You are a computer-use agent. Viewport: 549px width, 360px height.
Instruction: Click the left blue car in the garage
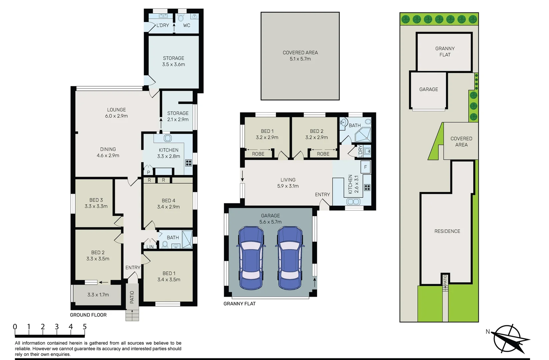point(251,258)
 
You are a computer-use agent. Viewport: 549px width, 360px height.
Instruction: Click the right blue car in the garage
point(290,258)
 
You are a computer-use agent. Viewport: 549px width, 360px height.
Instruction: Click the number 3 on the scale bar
point(57,327)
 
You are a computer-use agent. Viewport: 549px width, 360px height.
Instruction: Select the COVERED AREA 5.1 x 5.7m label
point(300,56)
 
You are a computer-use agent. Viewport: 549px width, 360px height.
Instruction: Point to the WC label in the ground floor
point(187,25)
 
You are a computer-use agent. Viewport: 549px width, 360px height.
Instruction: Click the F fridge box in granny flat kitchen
point(365,167)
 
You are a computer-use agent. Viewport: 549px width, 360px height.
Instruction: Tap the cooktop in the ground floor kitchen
point(189,163)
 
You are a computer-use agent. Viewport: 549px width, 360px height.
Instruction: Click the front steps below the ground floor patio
point(132,315)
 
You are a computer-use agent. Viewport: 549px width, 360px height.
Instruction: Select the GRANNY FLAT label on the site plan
point(445,52)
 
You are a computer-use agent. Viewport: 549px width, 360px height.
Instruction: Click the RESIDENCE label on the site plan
point(447,231)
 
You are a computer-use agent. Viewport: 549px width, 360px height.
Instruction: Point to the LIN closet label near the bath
point(150,247)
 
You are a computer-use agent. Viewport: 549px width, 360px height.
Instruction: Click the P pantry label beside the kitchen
point(148,172)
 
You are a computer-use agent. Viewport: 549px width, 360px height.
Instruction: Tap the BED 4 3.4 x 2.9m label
point(168,204)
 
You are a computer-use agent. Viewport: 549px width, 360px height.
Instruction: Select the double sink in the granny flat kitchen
point(353,202)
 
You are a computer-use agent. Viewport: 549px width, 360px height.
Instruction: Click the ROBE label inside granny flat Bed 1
point(258,154)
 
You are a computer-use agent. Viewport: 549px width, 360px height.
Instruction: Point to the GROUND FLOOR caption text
point(88,315)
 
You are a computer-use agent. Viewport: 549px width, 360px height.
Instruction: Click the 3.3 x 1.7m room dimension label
point(98,295)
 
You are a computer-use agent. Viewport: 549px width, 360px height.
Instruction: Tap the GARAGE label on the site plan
point(429,89)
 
